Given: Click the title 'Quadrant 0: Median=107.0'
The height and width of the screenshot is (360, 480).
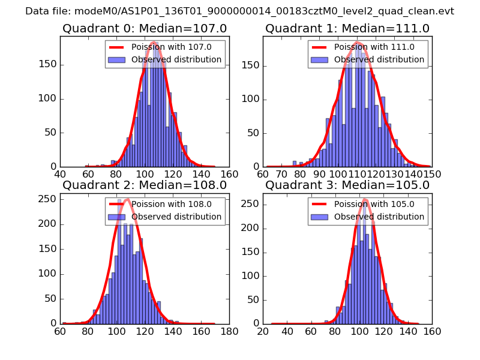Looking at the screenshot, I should pyautogui.click(x=145, y=28).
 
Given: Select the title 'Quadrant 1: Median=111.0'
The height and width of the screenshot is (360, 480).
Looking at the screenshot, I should pyautogui.click(x=347, y=28).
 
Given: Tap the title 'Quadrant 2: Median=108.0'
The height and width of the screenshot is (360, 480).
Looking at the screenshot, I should pyautogui.click(x=145, y=185).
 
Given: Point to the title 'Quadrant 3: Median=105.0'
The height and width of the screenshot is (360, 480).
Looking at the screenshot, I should pyautogui.click(x=347, y=185).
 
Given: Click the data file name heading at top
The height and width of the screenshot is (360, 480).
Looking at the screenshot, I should pyautogui.click(x=239, y=11).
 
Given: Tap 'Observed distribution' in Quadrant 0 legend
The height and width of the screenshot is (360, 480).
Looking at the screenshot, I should pyautogui.click(x=176, y=60).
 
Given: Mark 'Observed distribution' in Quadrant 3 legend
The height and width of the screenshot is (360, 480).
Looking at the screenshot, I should pyautogui.click(x=379, y=217).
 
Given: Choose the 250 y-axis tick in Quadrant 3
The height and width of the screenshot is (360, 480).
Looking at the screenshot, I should pyautogui.click(x=251, y=204).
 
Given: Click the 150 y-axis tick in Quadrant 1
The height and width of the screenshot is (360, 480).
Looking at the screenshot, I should pyautogui.click(x=251, y=64).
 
